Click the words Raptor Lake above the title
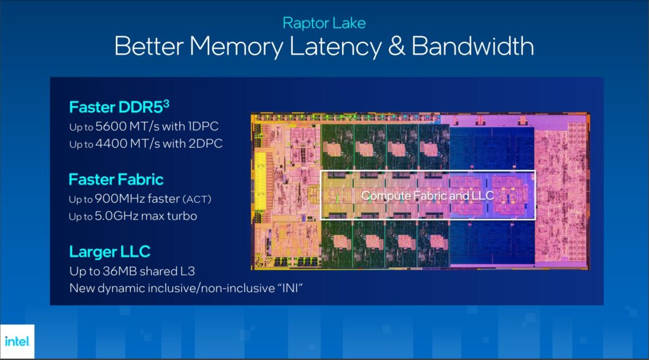pos(324,23)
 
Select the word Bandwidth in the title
pos(480,46)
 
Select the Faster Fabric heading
pos(116,179)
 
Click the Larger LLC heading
pos(110,252)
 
